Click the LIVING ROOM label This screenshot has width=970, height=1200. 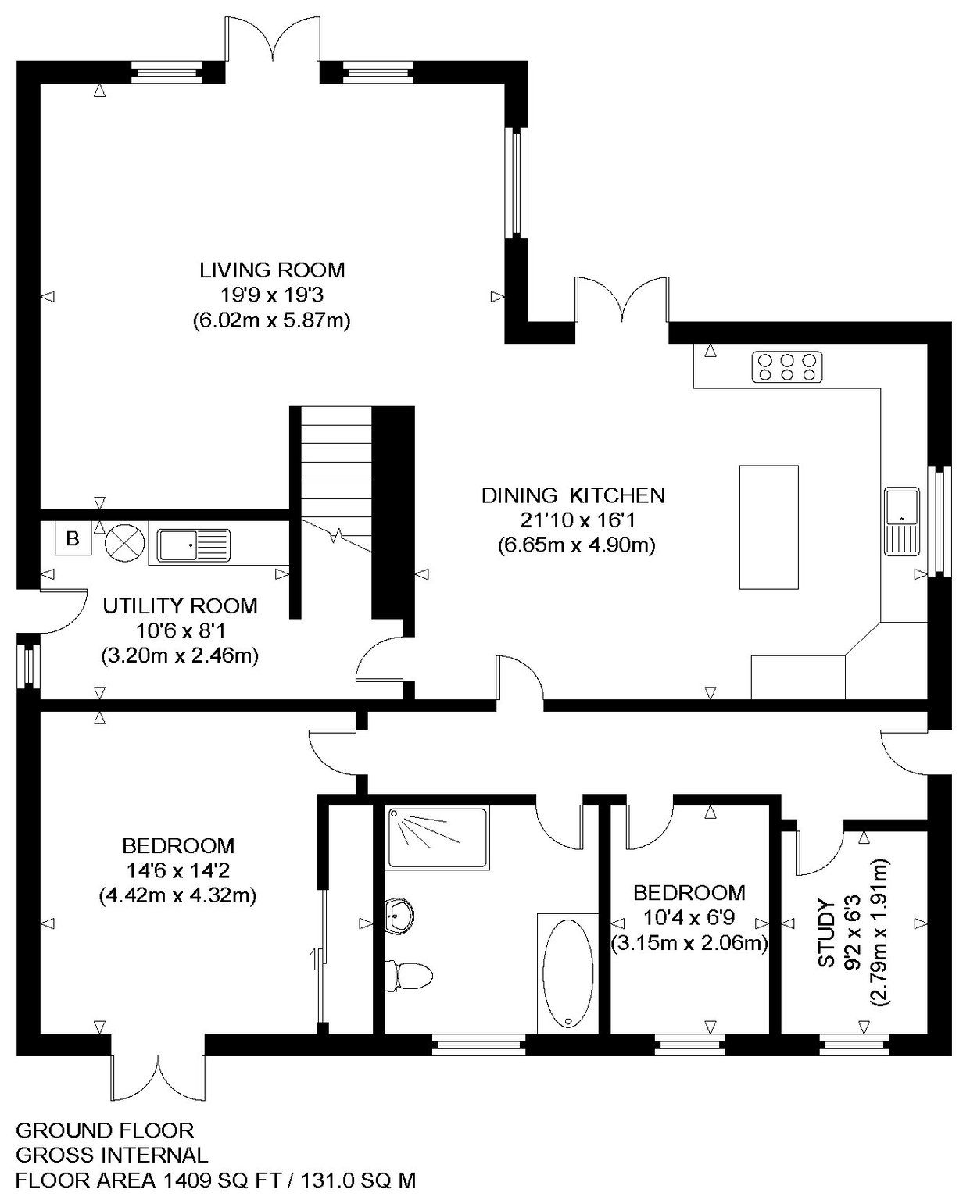tap(272, 270)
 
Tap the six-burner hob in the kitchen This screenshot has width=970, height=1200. tap(787, 366)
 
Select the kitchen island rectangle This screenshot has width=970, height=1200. tap(769, 527)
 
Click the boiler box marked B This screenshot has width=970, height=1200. tap(73, 538)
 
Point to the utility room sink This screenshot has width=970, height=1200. tap(194, 545)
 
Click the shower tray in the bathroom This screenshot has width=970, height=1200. tap(438, 838)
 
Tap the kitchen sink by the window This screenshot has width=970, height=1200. tap(902, 521)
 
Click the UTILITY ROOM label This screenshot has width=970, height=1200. tap(180, 606)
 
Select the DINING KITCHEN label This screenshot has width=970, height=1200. tap(573, 495)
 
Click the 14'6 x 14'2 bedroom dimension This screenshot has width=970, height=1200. tap(178, 870)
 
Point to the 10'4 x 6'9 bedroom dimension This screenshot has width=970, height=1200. tap(689, 918)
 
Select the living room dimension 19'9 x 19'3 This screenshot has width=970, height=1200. tap(272, 295)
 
